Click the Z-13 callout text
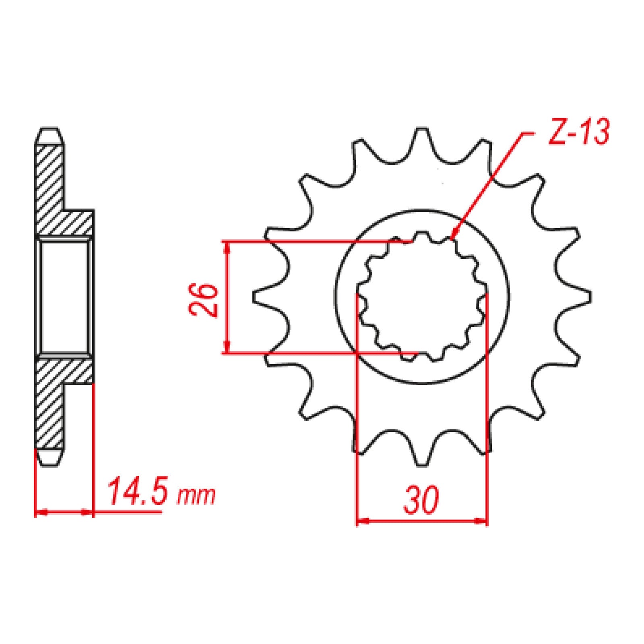[579, 132]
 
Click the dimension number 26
[203, 300]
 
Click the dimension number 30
[421, 500]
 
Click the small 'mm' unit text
[197, 496]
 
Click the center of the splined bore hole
[422, 297]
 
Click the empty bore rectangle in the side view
[64, 297]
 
